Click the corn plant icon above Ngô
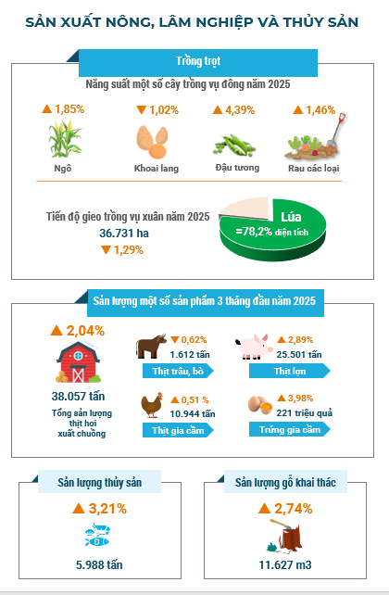65,138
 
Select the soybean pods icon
235,146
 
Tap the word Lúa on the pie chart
291,217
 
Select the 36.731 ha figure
124,233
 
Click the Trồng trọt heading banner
198,63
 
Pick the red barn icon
78,362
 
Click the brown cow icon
151,346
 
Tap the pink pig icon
254,347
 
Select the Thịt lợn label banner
290,371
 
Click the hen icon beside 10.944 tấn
152,405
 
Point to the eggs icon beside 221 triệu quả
260,405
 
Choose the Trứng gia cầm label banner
290,429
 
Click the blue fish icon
97,535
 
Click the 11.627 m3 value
285,564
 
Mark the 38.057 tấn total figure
78,396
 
